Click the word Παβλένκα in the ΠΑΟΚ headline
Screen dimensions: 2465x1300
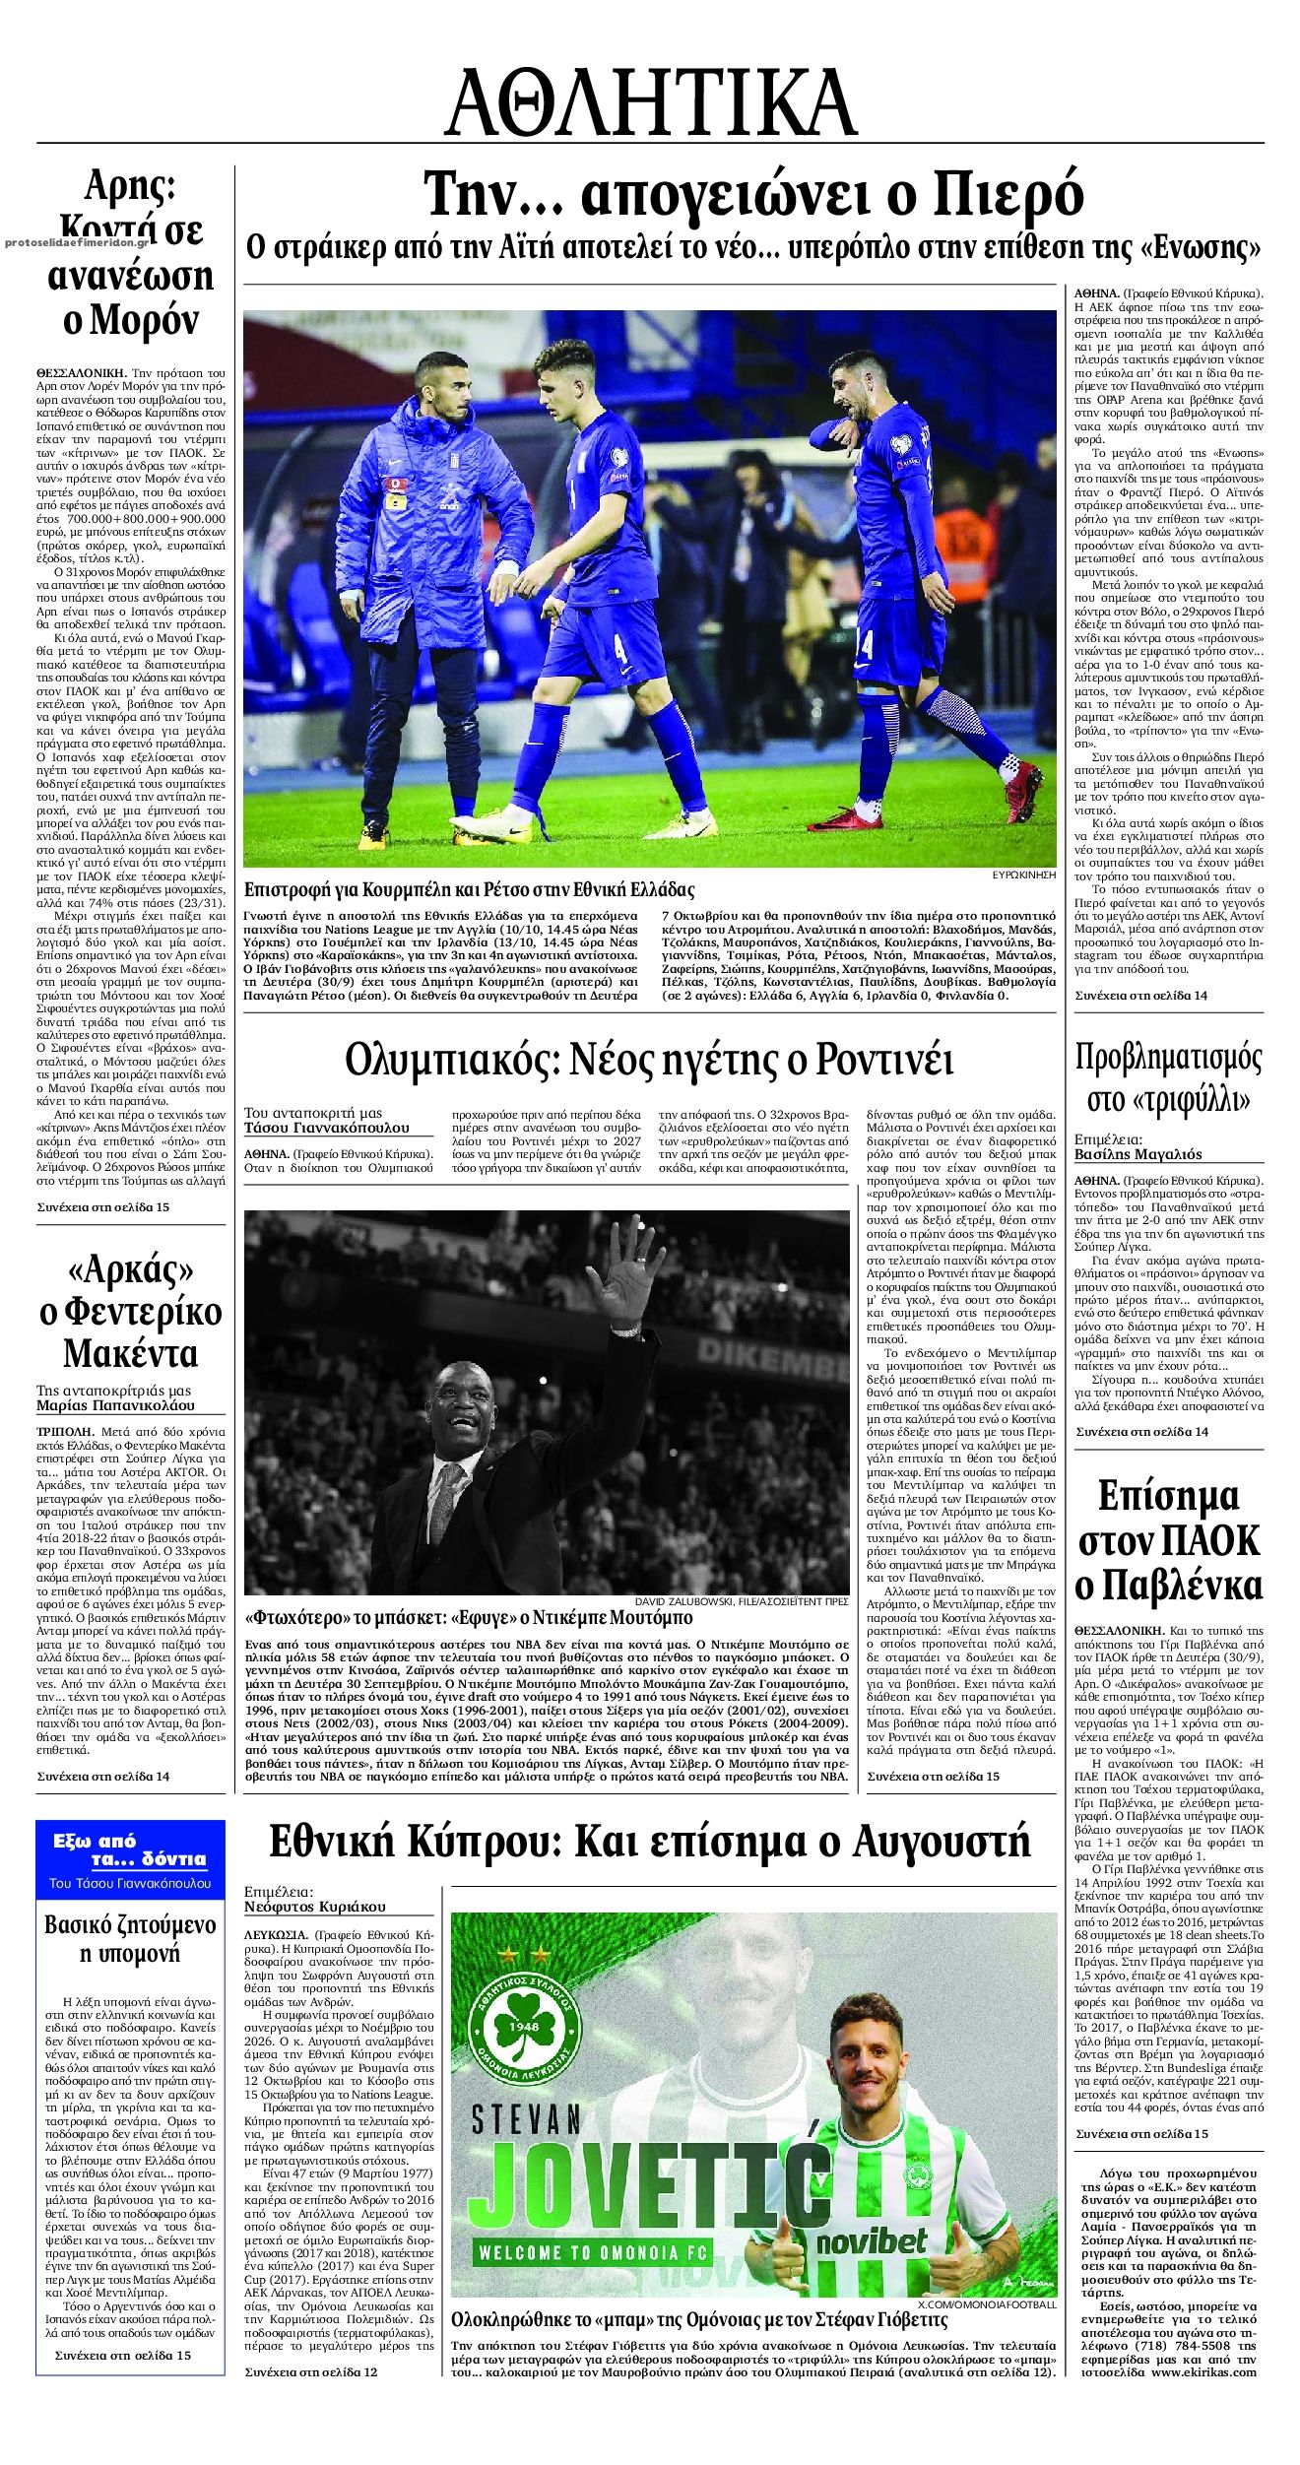click(x=1169, y=1587)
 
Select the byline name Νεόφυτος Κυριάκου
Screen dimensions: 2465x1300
click(x=315, y=1906)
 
